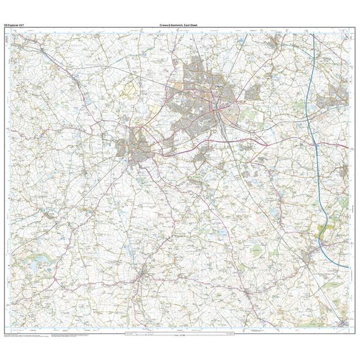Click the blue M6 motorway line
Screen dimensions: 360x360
(309, 130)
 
